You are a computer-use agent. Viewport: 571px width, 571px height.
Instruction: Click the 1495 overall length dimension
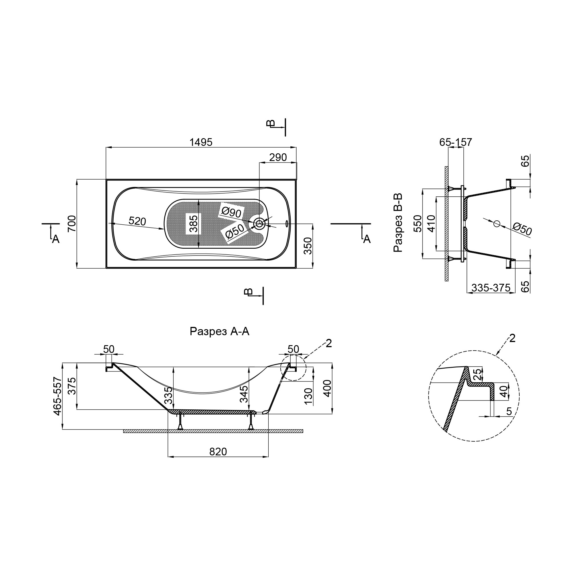(201, 142)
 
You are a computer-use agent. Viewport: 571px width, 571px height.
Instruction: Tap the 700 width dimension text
(72, 224)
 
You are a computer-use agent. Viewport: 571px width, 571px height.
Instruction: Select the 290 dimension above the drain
(278, 158)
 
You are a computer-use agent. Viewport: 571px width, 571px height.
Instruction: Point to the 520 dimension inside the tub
(137, 221)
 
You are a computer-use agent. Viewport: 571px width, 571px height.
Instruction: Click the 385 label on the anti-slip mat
(193, 224)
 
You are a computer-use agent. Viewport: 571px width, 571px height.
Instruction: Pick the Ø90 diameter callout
(232, 212)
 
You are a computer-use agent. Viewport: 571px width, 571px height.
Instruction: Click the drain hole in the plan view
(259, 224)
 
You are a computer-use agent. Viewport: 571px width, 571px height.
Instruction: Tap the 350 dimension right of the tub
(308, 246)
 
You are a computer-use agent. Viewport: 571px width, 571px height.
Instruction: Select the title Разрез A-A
(220, 331)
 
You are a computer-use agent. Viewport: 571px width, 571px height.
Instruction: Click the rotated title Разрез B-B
(398, 223)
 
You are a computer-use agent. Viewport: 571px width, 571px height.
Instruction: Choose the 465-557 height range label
(58, 396)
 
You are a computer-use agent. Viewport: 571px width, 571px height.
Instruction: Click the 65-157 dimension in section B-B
(455, 142)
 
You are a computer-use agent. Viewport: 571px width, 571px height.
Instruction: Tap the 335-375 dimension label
(491, 287)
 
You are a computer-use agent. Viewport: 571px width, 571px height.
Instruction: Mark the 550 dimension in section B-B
(418, 224)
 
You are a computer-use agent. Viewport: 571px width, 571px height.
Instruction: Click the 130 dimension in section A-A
(308, 396)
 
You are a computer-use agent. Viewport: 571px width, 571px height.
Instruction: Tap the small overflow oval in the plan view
(286, 224)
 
